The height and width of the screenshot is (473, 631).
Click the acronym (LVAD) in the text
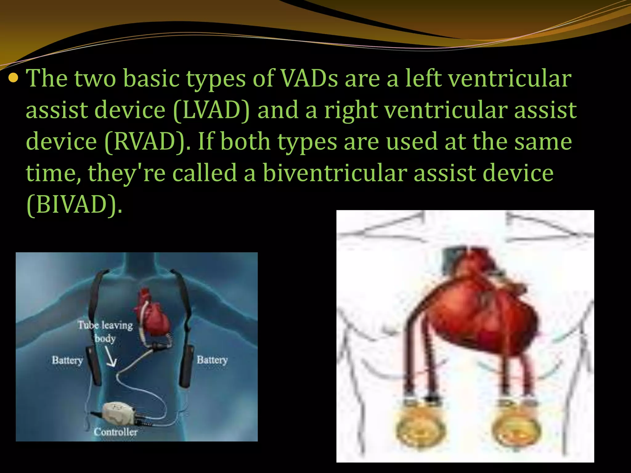212,110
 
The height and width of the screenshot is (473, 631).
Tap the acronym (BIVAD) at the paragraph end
74,205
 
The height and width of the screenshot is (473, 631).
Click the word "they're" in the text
127,173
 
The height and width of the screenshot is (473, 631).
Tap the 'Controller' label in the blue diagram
116,432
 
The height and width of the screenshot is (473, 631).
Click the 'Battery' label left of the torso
67,360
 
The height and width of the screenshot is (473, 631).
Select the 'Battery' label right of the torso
212,359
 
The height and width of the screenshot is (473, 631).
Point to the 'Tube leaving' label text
105,325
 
